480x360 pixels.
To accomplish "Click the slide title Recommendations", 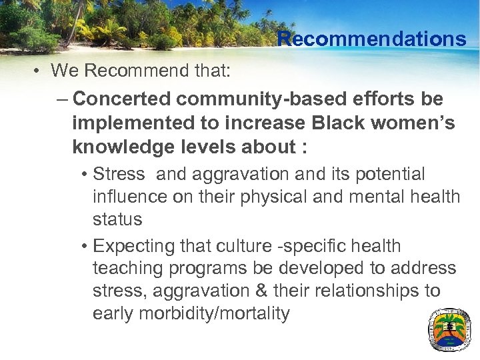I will [x=372, y=39].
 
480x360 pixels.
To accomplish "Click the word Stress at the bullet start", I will [x=119, y=175].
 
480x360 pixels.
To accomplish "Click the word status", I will [x=117, y=219].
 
